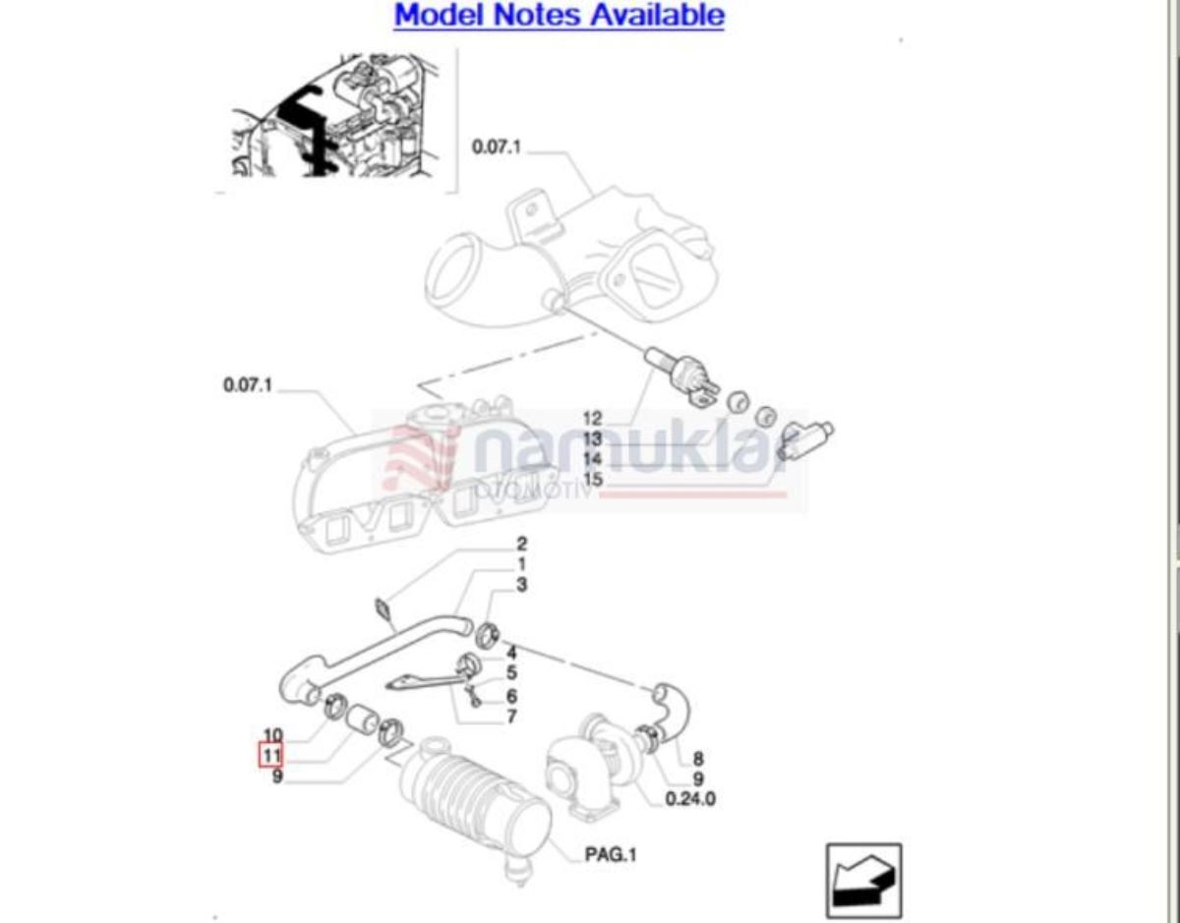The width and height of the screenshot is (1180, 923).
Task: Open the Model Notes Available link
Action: point(559,15)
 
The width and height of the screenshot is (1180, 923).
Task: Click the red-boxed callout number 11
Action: point(270,755)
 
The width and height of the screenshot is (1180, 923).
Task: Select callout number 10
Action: point(273,735)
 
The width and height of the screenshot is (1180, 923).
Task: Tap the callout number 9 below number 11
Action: point(277,776)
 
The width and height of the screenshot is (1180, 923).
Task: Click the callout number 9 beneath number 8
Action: point(698,779)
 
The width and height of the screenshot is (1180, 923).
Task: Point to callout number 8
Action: point(698,759)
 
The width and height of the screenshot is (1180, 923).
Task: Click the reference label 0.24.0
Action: point(690,799)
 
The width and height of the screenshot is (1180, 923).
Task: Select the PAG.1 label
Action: point(611,854)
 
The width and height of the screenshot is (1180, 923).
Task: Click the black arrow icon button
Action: point(864,880)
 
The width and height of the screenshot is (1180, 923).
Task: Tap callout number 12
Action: point(592,419)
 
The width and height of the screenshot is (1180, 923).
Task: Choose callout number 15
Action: point(592,479)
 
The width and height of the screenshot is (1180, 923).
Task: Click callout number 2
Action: point(521,544)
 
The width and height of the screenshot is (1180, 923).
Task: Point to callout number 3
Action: point(521,585)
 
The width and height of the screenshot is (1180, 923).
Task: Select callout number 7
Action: point(511,717)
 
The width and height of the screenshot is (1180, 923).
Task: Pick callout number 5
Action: point(511,673)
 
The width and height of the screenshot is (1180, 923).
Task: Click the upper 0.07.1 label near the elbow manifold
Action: point(497,146)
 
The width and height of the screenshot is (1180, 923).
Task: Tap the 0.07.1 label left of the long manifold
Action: point(248,385)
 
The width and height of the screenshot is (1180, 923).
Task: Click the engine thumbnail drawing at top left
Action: point(335,115)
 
